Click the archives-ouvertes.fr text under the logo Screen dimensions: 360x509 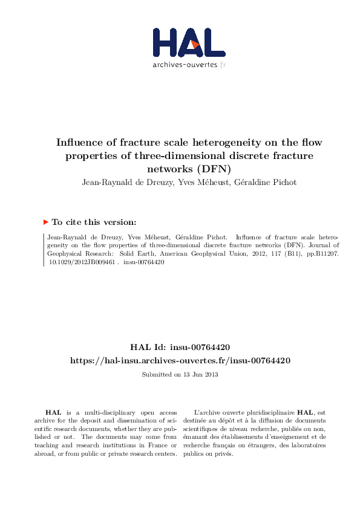pyautogui.click(x=189, y=65)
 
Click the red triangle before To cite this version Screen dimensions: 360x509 pyautogui.click(x=46, y=222)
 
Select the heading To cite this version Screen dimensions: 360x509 pyautogui.click(x=94, y=222)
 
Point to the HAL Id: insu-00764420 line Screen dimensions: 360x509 pyautogui.click(x=180, y=347)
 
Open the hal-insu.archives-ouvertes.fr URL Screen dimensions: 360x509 pyautogui.click(x=180, y=360)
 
